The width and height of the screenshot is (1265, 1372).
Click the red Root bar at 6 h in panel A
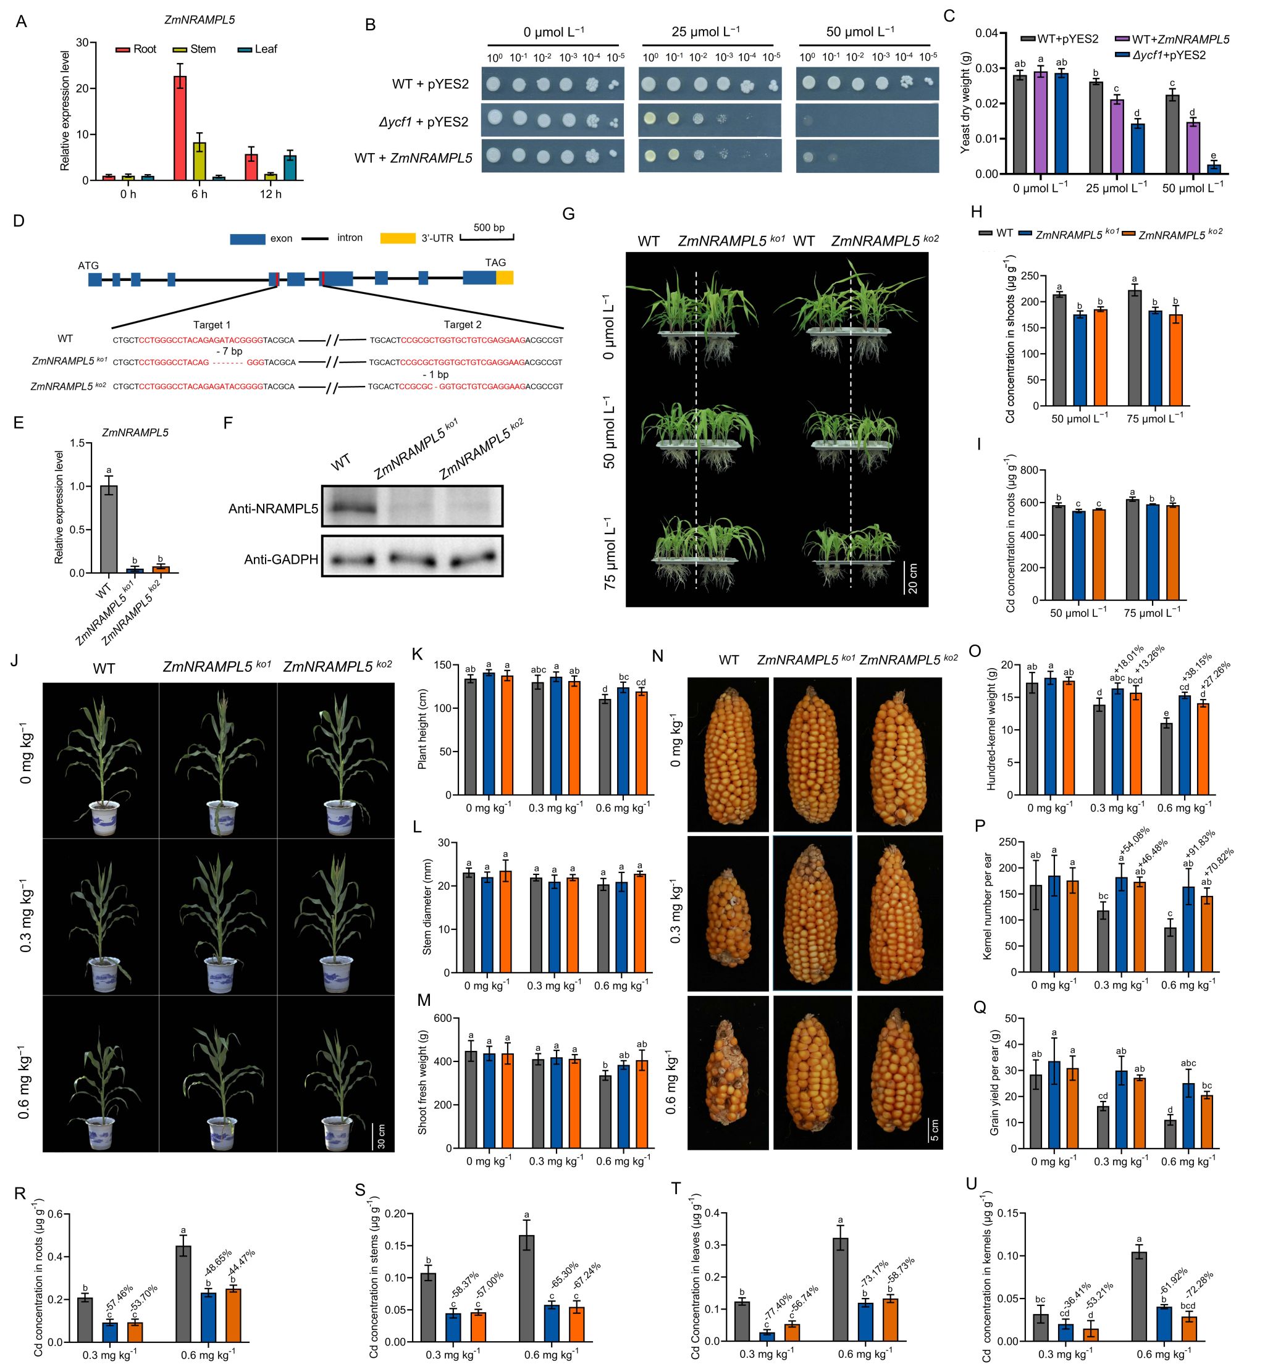pos(179,128)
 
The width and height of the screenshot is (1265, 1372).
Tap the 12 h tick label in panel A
pos(271,195)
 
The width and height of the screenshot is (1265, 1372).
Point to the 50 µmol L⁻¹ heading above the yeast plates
pos(860,31)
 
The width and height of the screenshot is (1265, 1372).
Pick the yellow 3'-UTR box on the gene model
pos(505,278)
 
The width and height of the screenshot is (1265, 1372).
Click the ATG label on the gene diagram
pos(88,266)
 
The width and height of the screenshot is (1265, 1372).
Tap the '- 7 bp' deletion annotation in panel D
pos(227,351)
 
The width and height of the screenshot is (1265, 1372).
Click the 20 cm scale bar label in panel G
pos(912,578)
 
